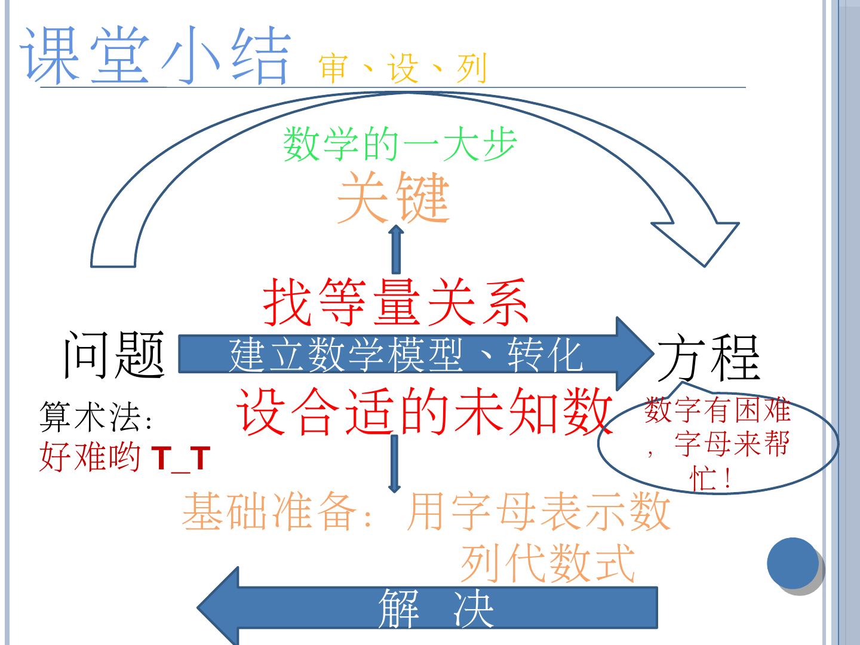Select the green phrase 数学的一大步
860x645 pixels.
[x=400, y=144]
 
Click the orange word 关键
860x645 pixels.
[x=393, y=198]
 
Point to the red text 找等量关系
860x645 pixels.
[x=396, y=302]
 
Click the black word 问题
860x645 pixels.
[x=113, y=355]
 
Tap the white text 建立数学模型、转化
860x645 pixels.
[x=406, y=355]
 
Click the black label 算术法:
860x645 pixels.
[x=96, y=416]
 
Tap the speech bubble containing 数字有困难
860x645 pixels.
[x=718, y=443]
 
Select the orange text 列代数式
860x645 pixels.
[x=547, y=563]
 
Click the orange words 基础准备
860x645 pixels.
[x=265, y=512]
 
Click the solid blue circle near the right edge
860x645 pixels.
[x=793, y=563]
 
